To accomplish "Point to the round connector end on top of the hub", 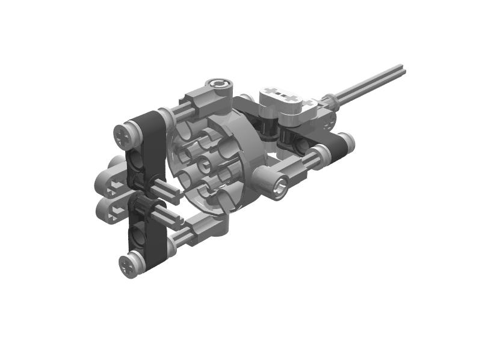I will pyautogui.click(x=218, y=85).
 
